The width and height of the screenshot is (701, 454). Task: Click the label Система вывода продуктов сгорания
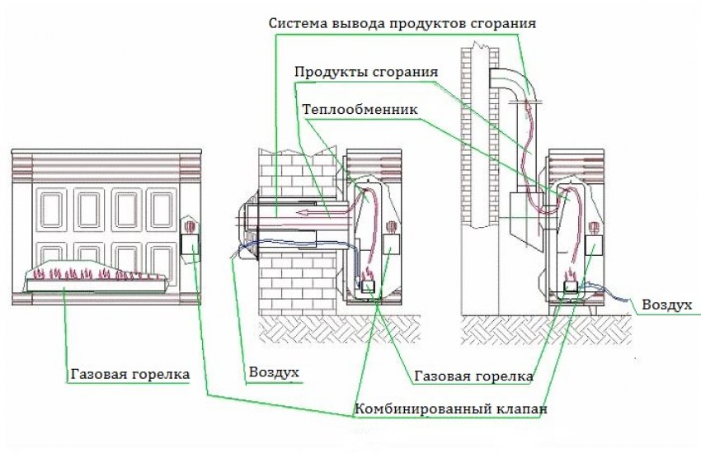click(402, 23)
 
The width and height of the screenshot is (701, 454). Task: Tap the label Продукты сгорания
click(366, 72)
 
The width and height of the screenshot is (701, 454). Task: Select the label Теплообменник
click(360, 109)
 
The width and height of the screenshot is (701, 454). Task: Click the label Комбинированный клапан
click(450, 409)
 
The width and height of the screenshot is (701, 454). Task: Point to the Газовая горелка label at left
click(130, 374)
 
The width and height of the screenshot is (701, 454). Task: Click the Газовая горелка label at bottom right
click(473, 376)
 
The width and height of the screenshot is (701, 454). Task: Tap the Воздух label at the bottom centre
click(274, 372)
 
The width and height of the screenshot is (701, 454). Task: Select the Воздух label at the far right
click(666, 305)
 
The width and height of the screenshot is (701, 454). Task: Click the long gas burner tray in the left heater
click(96, 285)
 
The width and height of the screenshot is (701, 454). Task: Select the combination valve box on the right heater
click(594, 244)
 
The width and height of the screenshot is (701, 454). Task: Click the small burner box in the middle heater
click(368, 286)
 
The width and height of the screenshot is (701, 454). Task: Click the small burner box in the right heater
click(571, 286)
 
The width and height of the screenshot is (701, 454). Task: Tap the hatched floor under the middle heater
click(340, 329)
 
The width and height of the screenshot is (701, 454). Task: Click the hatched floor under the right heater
click(546, 329)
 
